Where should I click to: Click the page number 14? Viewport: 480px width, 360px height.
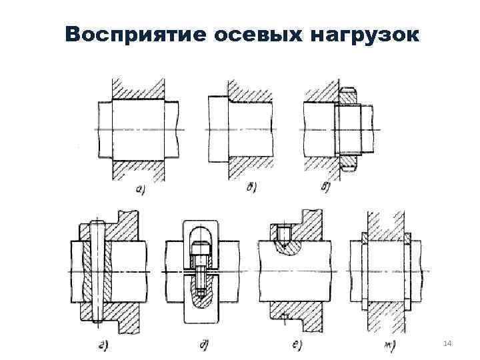[x=447, y=343]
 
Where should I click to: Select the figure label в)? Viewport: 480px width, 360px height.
[x=327, y=187]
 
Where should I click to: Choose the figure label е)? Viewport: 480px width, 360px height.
[x=293, y=345]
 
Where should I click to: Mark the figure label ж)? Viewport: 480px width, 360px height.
[x=384, y=345]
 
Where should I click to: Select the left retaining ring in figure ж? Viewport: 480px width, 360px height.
[x=364, y=273]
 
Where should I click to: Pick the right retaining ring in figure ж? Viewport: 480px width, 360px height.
[x=409, y=273]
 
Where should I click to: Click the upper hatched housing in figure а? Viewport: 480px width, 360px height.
[x=139, y=89]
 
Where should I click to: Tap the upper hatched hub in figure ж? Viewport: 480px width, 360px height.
[x=386, y=223]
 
